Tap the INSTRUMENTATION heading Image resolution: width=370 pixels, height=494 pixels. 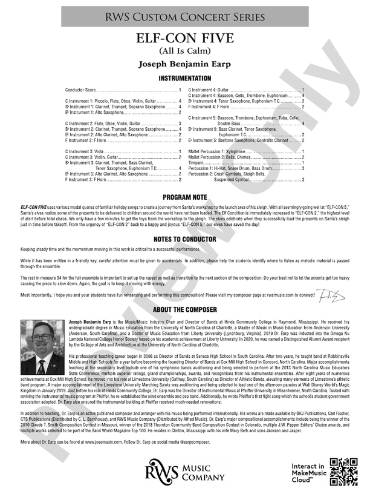(x=185, y=79)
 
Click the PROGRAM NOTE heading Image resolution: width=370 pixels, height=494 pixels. (x=185, y=197)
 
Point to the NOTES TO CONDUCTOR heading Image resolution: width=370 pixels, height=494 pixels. (x=185, y=239)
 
